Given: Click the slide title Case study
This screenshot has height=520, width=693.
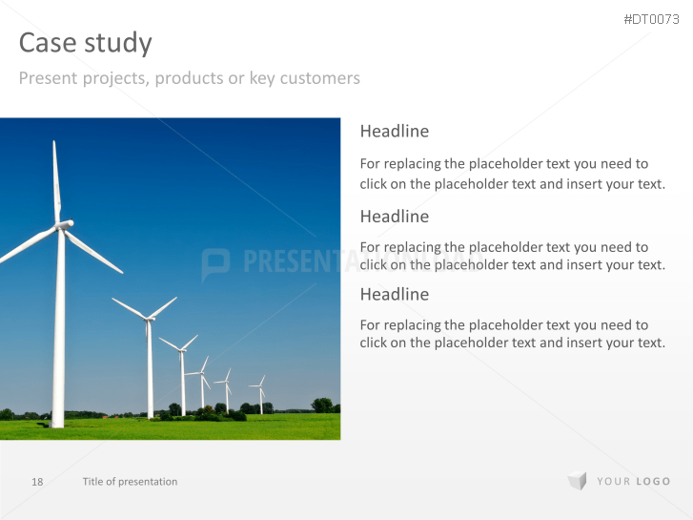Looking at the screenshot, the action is click(85, 43).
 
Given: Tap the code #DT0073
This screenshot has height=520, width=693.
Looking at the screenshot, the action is click(651, 19).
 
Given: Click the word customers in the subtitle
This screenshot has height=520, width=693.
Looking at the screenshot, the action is click(320, 78).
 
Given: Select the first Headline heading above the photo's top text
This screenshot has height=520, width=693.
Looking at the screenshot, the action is click(395, 131).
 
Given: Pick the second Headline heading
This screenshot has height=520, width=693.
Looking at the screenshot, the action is click(395, 217).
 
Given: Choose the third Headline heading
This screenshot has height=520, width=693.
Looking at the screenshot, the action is click(395, 294).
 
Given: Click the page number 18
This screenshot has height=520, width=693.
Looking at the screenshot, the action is click(37, 482).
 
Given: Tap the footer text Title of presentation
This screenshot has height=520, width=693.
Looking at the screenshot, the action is click(130, 482).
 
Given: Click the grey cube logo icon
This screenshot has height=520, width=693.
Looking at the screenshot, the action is click(578, 481).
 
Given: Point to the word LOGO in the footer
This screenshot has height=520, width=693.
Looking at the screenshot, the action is click(653, 481).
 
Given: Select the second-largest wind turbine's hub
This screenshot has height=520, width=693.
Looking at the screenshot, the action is click(148, 318).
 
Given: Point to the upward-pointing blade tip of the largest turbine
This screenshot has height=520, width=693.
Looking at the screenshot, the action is click(54, 141).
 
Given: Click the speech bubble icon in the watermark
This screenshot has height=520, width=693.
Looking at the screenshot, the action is click(215, 263).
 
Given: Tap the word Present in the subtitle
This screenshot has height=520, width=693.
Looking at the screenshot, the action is click(49, 78).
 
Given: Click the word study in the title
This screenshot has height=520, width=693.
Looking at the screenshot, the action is click(118, 43).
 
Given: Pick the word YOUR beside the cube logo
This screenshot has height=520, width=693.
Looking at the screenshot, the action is click(614, 481).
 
